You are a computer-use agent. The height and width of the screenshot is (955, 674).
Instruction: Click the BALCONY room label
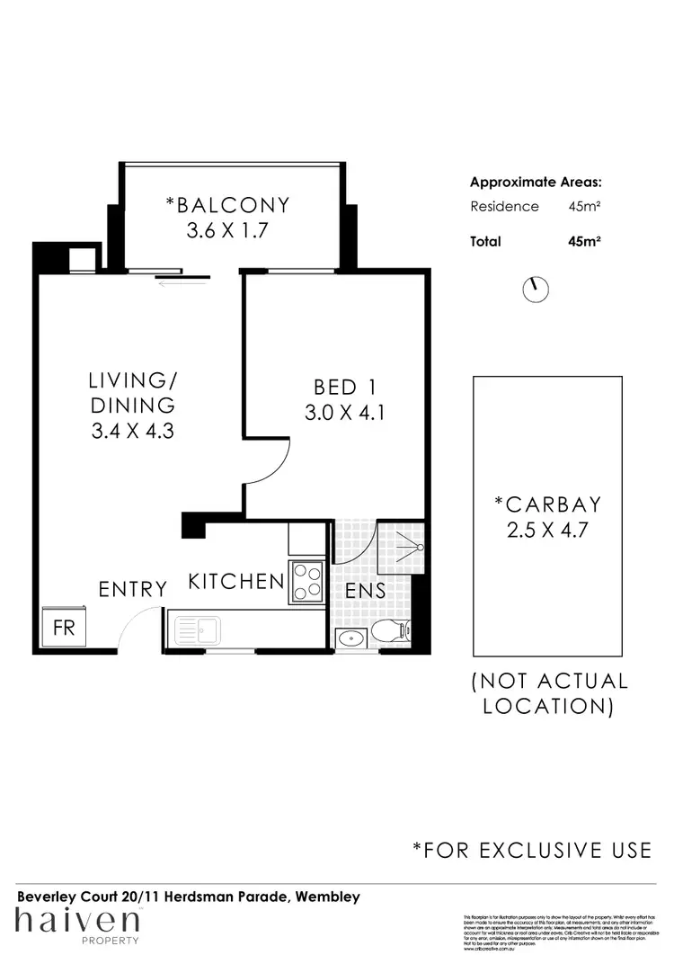[227, 205]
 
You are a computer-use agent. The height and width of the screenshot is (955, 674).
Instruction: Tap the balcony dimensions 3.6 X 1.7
[228, 231]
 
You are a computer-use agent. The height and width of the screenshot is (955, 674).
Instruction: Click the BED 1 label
[344, 388]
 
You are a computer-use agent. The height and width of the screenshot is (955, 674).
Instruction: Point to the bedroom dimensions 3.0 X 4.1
[345, 416]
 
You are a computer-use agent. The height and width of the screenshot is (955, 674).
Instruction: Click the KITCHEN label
[235, 582]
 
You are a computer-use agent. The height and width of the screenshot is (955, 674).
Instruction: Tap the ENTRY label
[133, 590]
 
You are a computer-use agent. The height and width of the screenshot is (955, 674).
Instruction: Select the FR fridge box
[64, 627]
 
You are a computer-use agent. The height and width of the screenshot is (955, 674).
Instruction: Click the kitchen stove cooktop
[306, 581]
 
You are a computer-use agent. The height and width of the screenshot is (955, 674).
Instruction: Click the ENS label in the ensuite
[366, 591]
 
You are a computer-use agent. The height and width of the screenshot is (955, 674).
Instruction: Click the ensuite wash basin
[349, 638]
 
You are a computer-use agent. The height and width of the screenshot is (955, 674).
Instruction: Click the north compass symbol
[536, 288]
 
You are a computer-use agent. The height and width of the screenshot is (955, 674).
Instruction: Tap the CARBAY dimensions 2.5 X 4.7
[547, 530]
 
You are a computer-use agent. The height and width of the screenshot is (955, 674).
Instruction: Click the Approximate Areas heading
[536, 182]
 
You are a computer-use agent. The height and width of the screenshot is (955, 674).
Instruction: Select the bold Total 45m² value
[584, 241]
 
